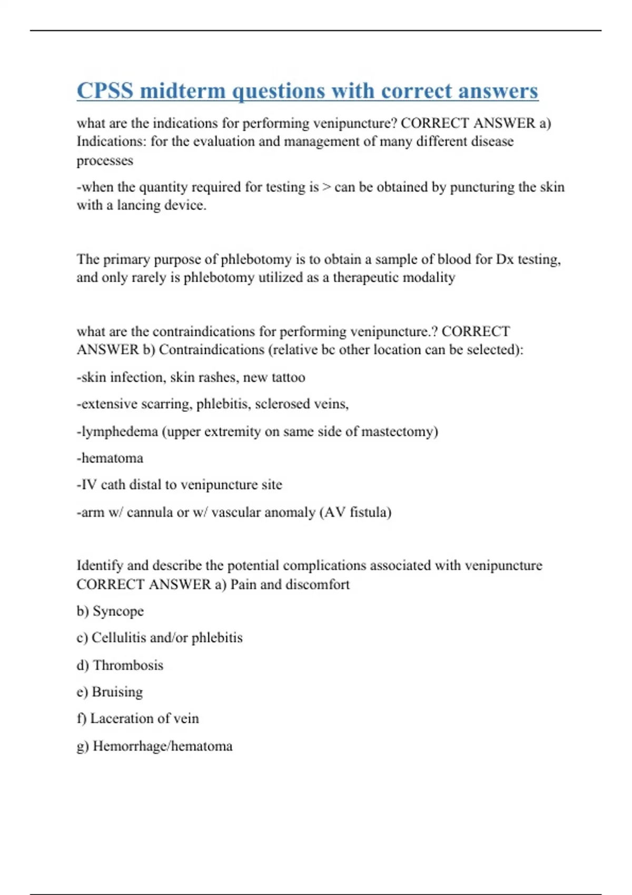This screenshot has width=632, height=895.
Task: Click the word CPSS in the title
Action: [105, 91]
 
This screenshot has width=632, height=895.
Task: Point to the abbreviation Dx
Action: [505, 259]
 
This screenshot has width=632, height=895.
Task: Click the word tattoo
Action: [288, 377]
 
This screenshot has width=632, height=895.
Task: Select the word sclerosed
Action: [282, 404]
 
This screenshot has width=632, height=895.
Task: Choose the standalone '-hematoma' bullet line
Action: [110, 458]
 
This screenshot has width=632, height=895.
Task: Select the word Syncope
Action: [118, 611]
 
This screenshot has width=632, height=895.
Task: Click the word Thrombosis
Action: [128, 665]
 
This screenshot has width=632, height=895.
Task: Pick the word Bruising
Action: [117, 692]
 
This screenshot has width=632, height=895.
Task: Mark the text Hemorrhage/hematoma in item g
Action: [162, 746]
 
